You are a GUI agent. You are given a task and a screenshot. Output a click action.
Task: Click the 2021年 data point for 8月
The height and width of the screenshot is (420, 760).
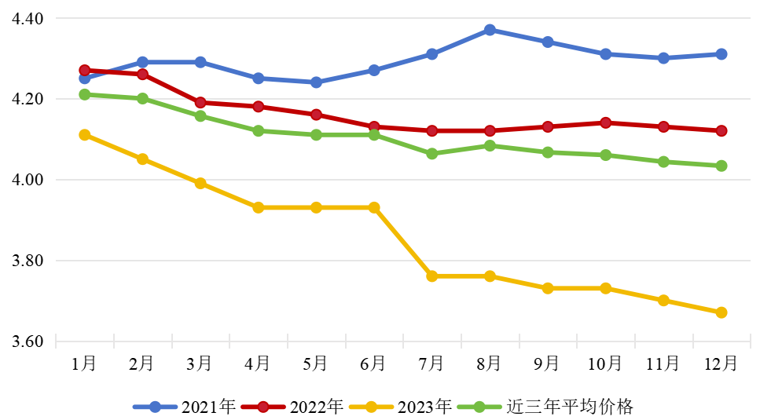click(490, 30)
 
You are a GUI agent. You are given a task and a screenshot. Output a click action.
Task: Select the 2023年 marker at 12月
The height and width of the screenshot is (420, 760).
click(721, 312)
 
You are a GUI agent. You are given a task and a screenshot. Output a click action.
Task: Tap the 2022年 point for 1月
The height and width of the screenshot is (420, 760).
click(85, 71)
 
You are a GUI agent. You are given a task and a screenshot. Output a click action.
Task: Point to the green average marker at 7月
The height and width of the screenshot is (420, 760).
click(431, 154)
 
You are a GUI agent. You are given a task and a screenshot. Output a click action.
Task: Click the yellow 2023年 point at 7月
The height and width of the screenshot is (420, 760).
click(431, 276)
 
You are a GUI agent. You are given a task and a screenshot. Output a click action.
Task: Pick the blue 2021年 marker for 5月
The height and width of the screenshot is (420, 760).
click(316, 82)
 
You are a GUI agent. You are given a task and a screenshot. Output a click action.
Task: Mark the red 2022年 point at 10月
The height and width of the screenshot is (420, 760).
click(605, 122)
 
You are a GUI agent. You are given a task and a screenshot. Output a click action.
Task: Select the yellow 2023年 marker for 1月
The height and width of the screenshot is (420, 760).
click(85, 135)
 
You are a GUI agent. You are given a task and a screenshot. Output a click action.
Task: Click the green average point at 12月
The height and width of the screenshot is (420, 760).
click(721, 166)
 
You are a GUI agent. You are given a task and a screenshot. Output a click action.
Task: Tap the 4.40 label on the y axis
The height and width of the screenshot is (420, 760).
click(28, 18)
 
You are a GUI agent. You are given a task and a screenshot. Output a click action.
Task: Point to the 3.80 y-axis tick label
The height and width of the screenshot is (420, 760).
click(28, 261)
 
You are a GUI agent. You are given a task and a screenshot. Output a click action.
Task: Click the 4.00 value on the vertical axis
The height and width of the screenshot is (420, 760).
click(28, 180)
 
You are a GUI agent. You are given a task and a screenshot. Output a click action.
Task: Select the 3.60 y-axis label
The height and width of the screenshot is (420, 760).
click(28, 341)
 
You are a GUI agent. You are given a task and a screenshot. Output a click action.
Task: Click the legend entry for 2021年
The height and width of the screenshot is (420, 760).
click(208, 407)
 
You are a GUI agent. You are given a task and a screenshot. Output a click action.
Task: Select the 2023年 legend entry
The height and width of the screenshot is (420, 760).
click(424, 407)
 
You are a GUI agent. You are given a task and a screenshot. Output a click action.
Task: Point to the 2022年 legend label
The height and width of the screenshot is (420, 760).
click(316, 407)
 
